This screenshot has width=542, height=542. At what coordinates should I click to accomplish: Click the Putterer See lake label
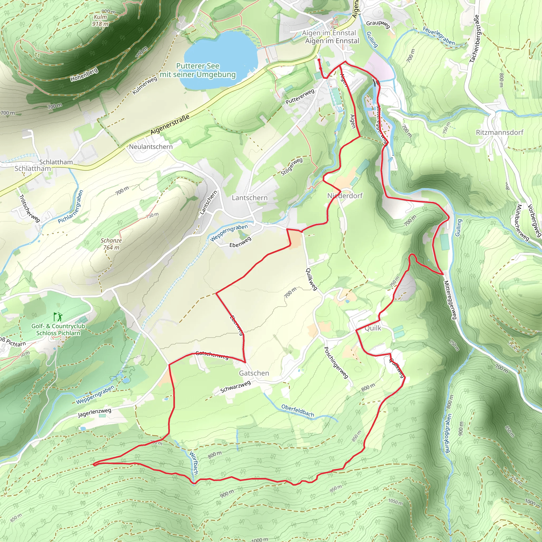(198, 70)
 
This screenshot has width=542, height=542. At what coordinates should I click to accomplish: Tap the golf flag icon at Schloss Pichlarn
(58, 317)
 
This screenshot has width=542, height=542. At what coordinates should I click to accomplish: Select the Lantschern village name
(249, 198)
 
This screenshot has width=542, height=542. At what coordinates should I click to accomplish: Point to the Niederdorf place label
(345, 196)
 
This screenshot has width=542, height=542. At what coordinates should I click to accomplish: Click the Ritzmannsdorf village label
(500, 132)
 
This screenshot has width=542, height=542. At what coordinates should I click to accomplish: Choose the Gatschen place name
(254, 373)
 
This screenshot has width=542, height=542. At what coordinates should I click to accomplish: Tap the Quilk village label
(373, 328)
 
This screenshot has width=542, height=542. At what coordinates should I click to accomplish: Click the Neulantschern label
(151, 146)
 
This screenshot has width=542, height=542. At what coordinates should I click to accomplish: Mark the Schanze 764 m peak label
(111, 244)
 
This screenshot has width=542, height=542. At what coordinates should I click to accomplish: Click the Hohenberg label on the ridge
(84, 74)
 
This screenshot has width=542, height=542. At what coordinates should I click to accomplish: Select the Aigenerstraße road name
(170, 124)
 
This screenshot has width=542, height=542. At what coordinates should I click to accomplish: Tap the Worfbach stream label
(194, 463)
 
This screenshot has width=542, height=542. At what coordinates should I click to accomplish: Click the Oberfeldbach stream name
(298, 411)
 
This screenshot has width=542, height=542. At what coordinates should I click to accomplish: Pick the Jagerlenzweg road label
(94, 413)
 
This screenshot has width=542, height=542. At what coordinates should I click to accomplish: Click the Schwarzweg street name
(235, 387)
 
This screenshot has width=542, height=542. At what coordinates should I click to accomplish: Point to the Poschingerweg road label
(336, 363)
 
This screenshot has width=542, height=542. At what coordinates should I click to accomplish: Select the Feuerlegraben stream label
(439, 36)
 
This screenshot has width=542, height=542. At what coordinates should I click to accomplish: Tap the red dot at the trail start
(319, 60)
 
